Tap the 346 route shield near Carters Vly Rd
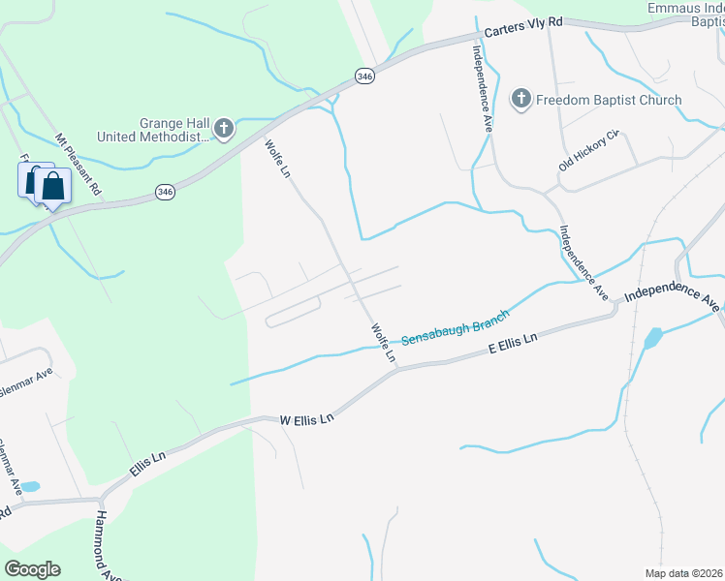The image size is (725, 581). [363, 76]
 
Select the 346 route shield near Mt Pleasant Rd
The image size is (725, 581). [165, 194]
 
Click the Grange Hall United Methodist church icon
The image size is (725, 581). [224, 129]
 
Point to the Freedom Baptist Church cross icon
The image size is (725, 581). [520, 100]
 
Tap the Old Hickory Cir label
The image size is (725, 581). [588, 152]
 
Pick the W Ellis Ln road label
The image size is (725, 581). [306, 419]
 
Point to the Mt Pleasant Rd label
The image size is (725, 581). [78, 166]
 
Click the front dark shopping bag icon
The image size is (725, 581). [53, 186]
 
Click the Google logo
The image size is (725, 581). [32, 569]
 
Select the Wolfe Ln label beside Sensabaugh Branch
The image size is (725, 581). [384, 343]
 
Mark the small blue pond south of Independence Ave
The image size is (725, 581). [651, 339]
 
